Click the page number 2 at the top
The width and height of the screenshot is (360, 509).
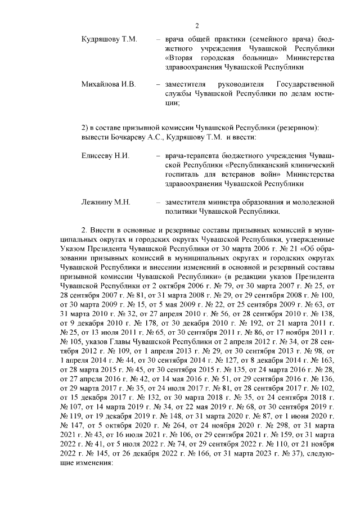[197, 25]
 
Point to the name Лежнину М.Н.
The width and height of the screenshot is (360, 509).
[106, 201]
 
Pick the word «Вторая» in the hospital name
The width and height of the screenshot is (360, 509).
[182, 58]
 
